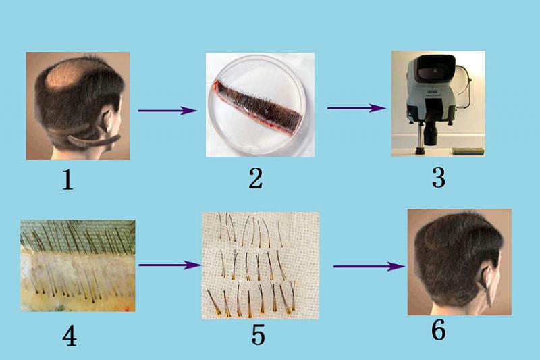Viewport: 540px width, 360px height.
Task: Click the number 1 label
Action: click(x=68, y=180)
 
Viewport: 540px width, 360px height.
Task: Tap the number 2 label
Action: click(x=256, y=178)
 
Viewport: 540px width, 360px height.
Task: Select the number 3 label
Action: click(x=438, y=178)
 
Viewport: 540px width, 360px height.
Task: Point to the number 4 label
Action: click(x=70, y=336)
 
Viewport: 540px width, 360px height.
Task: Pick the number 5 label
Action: click(x=259, y=335)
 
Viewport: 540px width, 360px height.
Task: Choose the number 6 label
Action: click(x=438, y=330)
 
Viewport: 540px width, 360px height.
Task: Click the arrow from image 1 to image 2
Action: click(x=167, y=111)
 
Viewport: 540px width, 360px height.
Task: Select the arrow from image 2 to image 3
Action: click(x=356, y=108)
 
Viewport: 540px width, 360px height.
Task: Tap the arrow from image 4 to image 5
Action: click(x=170, y=265)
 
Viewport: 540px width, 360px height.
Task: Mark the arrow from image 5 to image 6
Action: click(x=369, y=266)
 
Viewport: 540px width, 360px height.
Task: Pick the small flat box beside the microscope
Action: click(x=468, y=151)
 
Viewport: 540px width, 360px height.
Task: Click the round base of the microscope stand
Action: click(x=419, y=151)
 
